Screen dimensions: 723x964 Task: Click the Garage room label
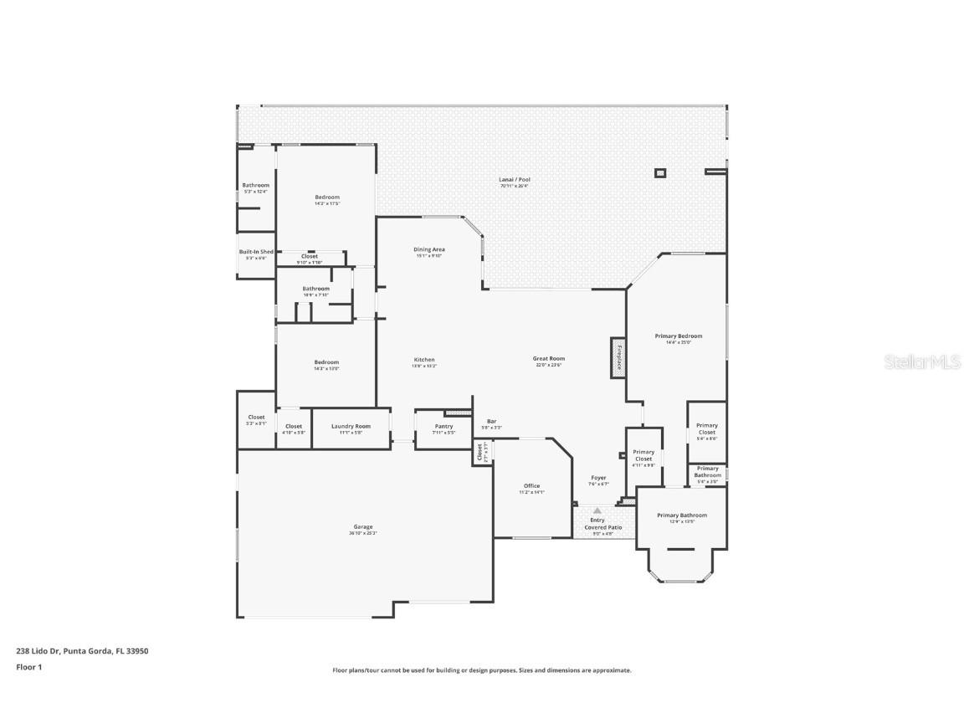pyautogui.click(x=362, y=527)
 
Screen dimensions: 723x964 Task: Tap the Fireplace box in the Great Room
pyautogui.click(x=618, y=357)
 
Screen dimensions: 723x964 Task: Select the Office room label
pyautogui.click(x=531, y=486)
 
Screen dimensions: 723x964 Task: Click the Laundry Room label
pyautogui.click(x=351, y=426)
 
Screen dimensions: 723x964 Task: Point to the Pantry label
pyautogui.click(x=444, y=427)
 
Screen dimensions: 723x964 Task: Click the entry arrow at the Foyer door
pyautogui.click(x=597, y=509)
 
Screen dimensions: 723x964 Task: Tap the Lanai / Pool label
pyautogui.click(x=515, y=180)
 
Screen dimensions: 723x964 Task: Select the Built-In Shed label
pyautogui.click(x=256, y=252)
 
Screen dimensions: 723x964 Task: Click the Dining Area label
pyautogui.click(x=429, y=249)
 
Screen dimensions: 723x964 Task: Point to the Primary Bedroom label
pyautogui.click(x=678, y=336)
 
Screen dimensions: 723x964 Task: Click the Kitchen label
pyautogui.click(x=424, y=360)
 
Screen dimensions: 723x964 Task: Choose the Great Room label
pyautogui.click(x=549, y=359)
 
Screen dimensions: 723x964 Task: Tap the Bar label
pyautogui.click(x=491, y=422)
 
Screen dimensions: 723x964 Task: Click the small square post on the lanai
pyautogui.click(x=660, y=173)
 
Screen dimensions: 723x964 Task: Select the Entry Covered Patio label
pyautogui.click(x=597, y=524)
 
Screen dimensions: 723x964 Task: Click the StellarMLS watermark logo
pyautogui.click(x=921, y=361)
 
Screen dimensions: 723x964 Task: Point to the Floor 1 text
pyautogui.click(x=28, y=667)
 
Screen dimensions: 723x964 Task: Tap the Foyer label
pyautogui.click(x=598, y=478)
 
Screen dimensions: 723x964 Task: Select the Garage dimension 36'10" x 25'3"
pyautogui.click(x=362, y=533)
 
